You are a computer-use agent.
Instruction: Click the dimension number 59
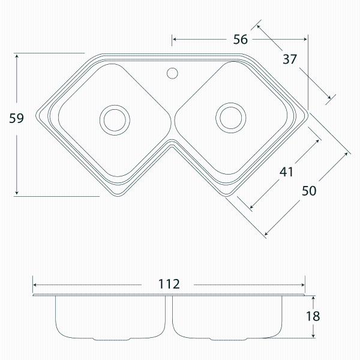pos(17,119)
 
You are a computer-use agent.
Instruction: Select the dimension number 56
pos(241,40)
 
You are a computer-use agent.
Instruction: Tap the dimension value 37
pos(290,59)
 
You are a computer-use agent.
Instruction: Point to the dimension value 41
pos(286,172)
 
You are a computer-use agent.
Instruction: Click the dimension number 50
pos(309,191)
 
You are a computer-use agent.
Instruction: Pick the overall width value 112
pos(170,284)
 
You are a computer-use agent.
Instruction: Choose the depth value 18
pos(313,316)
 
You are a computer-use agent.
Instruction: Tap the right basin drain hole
pos(230,116)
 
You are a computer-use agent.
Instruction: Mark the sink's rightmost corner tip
pos(308,112)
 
